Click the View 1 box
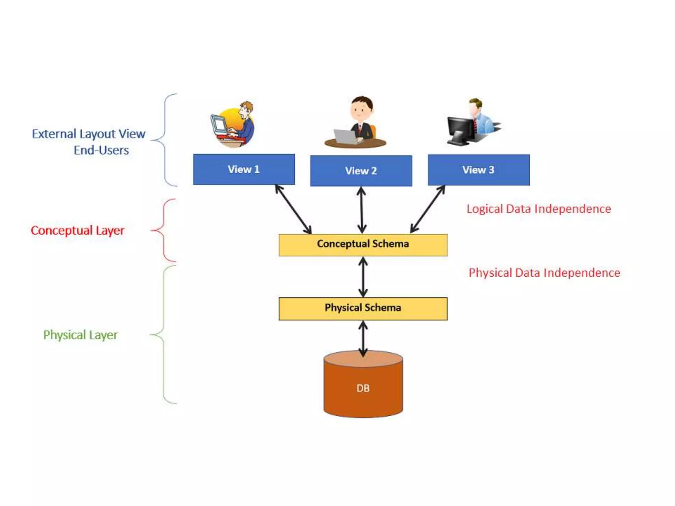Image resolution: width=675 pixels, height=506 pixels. [x=244, y=169]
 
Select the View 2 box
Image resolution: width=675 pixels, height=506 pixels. [x=361, y=171]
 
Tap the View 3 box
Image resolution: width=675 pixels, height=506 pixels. [x=479, y=170]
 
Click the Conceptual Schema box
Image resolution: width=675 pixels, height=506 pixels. [x=363, y=245]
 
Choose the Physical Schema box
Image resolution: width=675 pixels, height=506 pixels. [x=363, y=309]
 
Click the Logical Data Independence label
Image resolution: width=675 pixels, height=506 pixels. [x=539, y=209]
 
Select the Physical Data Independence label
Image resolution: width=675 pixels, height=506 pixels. [x=544, y=273]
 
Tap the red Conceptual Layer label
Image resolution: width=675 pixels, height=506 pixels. [x=77, y=231]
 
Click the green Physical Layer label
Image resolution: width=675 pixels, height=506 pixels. [x=80, y=335]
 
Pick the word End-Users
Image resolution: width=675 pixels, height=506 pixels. [x=101, y=151]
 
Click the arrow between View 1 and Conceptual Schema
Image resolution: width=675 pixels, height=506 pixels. [x=293, y=210]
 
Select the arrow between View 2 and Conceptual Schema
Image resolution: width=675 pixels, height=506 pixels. [x=362, y=210]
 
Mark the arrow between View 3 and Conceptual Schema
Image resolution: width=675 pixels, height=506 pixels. [x=427, y=210]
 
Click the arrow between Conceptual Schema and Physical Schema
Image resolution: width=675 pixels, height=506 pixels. [x=363, y=277]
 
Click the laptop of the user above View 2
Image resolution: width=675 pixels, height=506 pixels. [x=345, y=136]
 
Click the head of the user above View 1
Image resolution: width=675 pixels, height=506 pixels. [x=246, y=108]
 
